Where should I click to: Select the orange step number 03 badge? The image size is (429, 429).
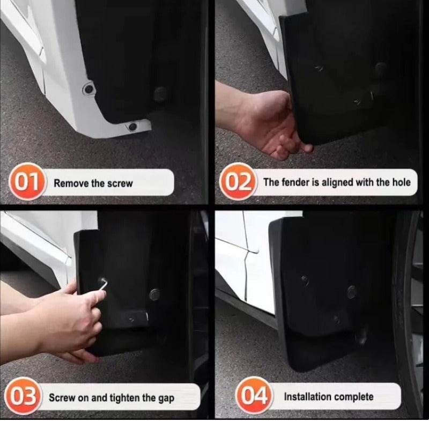pos(23,398)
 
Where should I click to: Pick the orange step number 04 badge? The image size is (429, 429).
pos(253,397)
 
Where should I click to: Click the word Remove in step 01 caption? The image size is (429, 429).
pos(71,183)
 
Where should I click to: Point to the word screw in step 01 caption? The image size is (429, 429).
pos(120,183)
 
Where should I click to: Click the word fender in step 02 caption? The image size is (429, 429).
pos(295,182)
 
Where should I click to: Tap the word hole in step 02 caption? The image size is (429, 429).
pos(400,182)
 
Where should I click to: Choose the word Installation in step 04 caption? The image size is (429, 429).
pos(307,397)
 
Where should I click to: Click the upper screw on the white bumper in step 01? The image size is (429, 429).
pos(89,88)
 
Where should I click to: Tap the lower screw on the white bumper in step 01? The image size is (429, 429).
pos(132,127)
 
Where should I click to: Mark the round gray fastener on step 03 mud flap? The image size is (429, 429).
pos(154,293)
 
